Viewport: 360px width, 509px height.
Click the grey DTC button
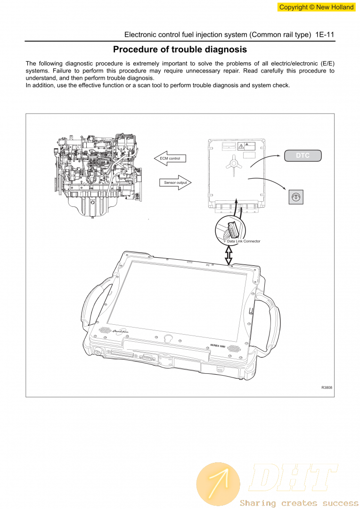point(303,156)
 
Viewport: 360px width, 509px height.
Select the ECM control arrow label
point(170,158)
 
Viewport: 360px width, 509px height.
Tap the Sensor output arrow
point(176,182)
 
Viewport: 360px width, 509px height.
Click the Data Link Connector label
point(244,241)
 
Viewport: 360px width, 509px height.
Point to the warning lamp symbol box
point(295,197)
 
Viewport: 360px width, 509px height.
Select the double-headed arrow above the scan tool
point(229,255)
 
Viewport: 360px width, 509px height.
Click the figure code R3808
point(327,387)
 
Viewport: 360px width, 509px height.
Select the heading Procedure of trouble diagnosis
point(180,49)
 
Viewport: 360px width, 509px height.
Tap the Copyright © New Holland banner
point(316,7)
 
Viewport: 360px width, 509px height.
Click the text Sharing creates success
point(299,503)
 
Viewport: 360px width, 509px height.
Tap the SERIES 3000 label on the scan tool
point(217,345)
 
